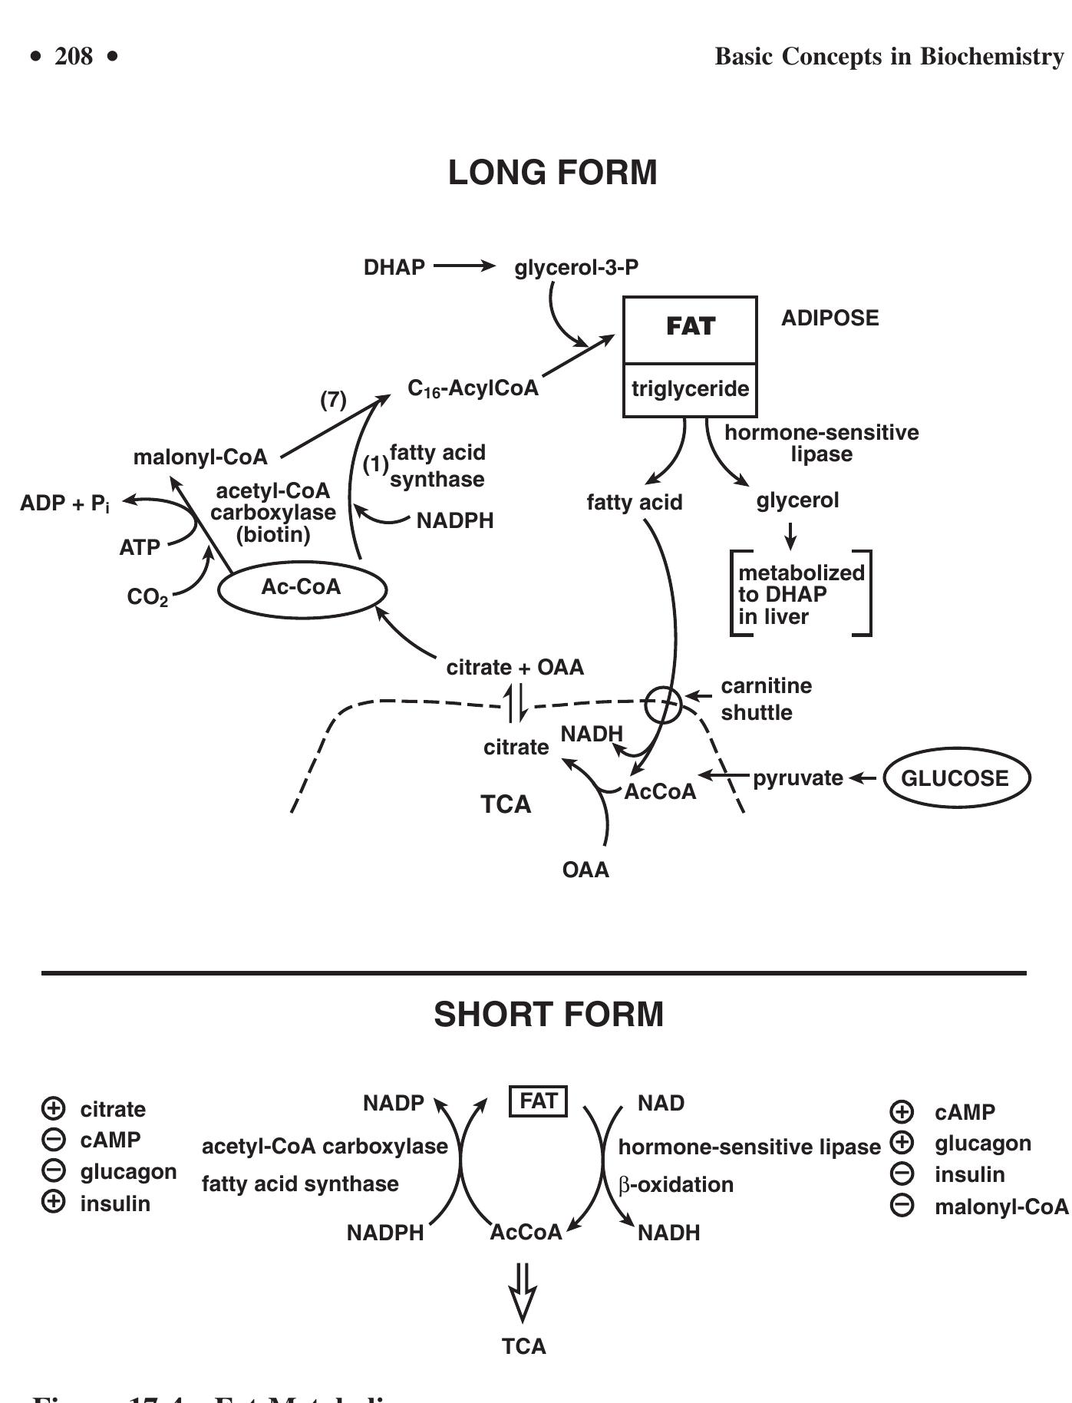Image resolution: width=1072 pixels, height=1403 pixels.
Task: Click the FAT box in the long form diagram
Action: [x=690, y=328]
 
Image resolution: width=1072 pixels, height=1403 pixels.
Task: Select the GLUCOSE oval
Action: [x=956, y=778]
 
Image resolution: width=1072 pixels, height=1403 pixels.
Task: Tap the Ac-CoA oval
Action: [x=302, y=589]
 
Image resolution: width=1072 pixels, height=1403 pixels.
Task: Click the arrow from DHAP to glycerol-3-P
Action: [x=465, y=266]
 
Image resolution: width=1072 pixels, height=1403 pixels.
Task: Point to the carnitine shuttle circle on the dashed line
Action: [x=662, y=704]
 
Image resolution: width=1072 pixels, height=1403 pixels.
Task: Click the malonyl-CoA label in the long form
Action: [x=200, y=457]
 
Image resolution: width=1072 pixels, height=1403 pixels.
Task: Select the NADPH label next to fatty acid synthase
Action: [x=455, y=521]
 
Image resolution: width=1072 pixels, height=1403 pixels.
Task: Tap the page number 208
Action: [x=74, y=56]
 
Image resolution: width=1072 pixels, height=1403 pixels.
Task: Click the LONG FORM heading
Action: [x=552, y=173]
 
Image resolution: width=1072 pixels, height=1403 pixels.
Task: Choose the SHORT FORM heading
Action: [x=549, y=1015]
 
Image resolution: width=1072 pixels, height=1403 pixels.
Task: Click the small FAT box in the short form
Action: [x=538, y=1101]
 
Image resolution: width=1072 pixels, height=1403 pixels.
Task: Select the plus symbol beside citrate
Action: [x=53, y=1108]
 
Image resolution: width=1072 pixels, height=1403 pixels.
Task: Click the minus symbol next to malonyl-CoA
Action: [x=902, y=1206]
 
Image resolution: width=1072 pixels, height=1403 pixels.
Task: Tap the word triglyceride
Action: [x=690, y=389]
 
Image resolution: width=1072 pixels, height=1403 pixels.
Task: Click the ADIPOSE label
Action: [x=830, y=318]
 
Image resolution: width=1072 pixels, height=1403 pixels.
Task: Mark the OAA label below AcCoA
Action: [x=585, y=870]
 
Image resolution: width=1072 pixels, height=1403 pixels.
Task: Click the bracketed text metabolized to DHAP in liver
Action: [x=800, y=594]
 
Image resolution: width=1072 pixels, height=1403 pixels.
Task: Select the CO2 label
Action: [x=147, y=597]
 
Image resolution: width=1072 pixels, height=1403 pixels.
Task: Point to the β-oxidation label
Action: [x=675, y=1184]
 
